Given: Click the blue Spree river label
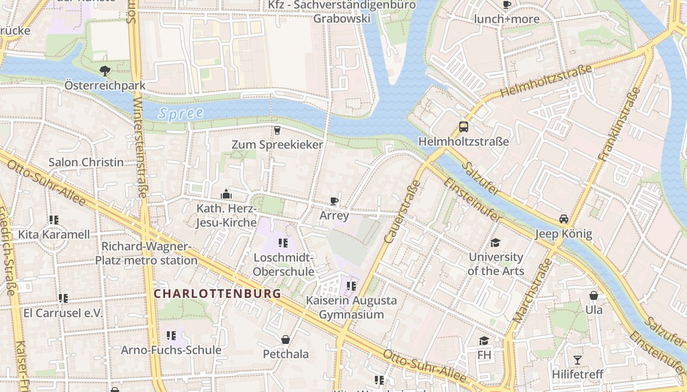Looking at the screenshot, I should (181, 113).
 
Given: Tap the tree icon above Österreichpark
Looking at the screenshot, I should (105, 71).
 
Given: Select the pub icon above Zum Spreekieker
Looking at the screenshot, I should (277, 130).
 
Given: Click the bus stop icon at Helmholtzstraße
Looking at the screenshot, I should (463, 127).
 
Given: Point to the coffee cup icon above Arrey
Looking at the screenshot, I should (334, 201).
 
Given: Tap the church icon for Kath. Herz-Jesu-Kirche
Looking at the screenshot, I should (226, 194).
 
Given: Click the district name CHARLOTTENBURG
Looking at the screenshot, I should (217, 294).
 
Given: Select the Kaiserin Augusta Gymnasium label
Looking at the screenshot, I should (351, 307).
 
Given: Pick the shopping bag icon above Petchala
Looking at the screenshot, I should (286, 340).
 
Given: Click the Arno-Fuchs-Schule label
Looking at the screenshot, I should (171, 350).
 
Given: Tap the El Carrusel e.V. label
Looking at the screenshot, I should (63, 313).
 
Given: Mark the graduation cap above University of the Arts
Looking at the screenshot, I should (495, 243).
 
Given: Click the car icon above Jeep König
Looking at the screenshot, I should (564, 219).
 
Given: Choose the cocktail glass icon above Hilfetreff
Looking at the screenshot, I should (577, 360).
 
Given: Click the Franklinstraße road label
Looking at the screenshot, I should (620, 124).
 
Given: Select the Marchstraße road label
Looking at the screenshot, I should (533, 290).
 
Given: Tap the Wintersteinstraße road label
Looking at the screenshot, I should (139, 147).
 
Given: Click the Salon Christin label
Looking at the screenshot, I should (86, 162).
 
